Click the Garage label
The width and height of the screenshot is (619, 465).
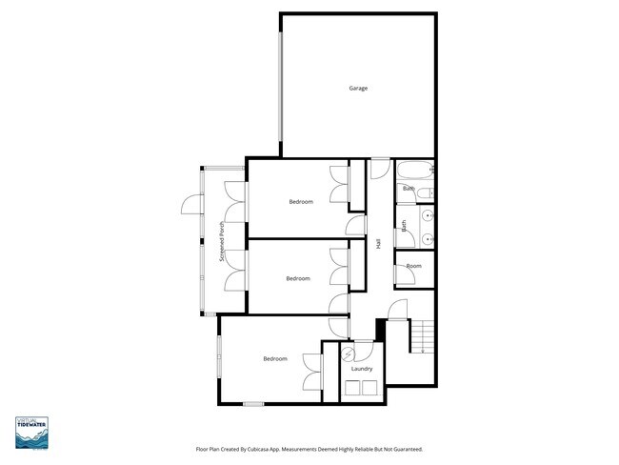click(357, 89)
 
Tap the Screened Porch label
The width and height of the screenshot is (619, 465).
click(221, 243)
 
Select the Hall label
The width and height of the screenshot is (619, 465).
click(379, 244)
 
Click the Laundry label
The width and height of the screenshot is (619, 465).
click(361, 369)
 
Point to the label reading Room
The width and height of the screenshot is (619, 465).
click(413, 266)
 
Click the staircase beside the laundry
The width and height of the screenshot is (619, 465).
click(422, 336)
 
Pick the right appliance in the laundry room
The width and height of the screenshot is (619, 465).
click(369, 387)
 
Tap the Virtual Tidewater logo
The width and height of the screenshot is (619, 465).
click(32, 433)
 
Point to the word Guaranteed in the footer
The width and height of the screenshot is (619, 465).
click(405, 449)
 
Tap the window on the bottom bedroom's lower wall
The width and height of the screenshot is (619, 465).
click(252, 403)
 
